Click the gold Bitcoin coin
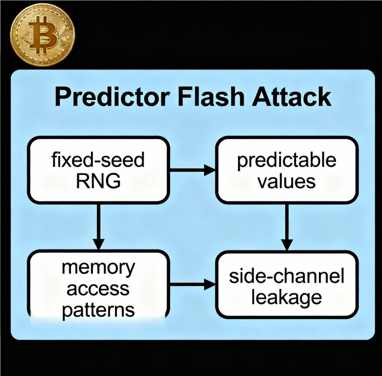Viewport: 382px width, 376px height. (42, 35)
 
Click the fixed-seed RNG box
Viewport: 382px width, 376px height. (98, 170)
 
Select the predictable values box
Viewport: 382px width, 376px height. (287, 170)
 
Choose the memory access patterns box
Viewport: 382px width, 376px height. (98, 284)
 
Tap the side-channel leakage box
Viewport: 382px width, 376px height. (287, 284)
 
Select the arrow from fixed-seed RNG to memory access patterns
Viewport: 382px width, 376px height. (98, 227)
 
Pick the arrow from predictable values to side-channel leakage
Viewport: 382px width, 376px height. (287, 227)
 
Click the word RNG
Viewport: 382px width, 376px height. (98, 182)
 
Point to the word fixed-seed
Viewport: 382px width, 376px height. (98, 161)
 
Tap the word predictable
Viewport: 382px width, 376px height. (287, 161)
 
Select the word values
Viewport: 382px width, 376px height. (287, 182)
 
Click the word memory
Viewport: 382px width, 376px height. (98, 268)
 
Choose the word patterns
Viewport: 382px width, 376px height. (98, 310)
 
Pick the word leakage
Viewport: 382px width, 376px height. (287, 297)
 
